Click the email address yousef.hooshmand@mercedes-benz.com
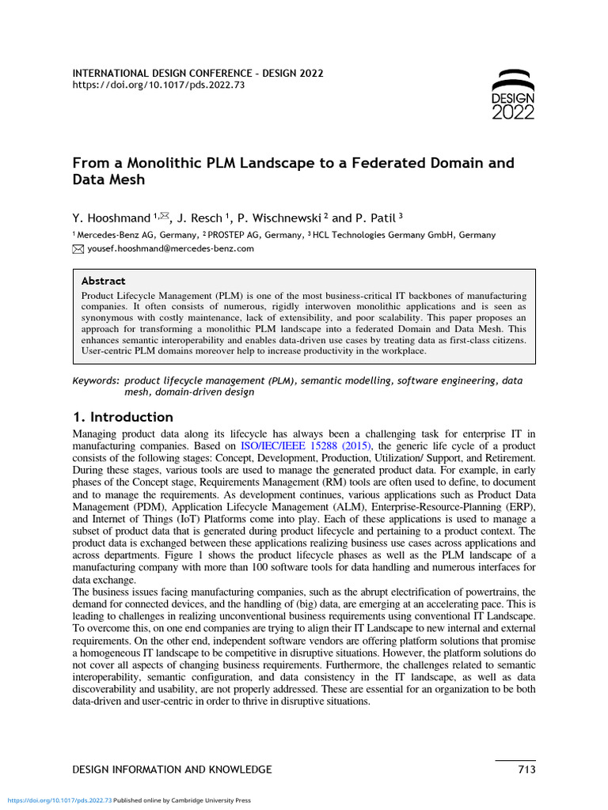[x=170, y=248]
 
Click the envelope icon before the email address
[x=78, y=248]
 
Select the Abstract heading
[x=103, y=281]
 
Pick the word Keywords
[x=96, y=380]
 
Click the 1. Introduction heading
[x=123, y=417]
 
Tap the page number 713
[x=526, y=770]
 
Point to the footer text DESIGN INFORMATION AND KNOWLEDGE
[x=172, y=770]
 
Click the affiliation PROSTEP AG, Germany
[x=256, y=235]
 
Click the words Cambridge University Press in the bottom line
[x=215, y=801]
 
